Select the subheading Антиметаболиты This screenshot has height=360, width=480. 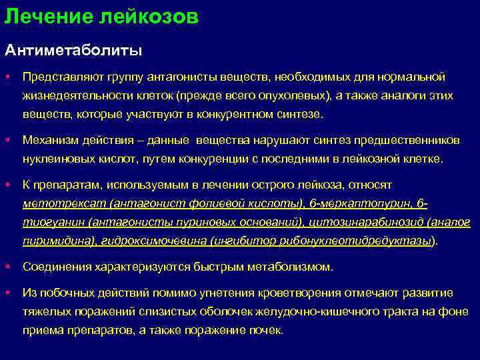tap(74, 50)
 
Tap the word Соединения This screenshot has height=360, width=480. tap(53, 267)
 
